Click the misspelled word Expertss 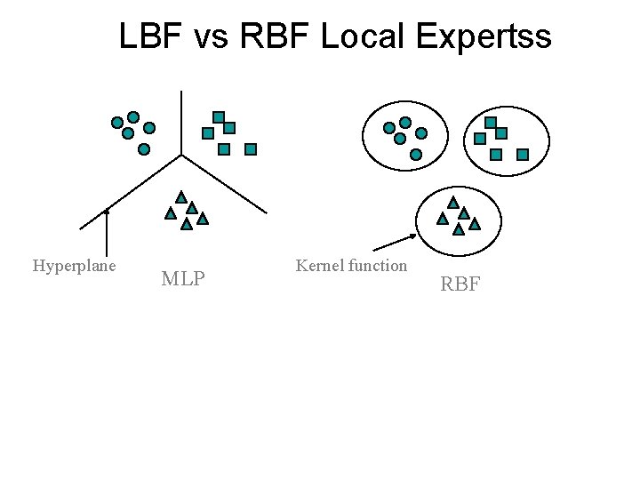(x=481, y=36)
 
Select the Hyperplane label (x=74, y=266)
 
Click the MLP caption (x=183, y=280)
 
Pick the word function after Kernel (x=378, y=265)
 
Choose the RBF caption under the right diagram (x=460, y=284)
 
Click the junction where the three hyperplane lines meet (x=181, y=155)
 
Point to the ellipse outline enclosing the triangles (x=418, y=218)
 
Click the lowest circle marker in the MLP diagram (x=144, y=149)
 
